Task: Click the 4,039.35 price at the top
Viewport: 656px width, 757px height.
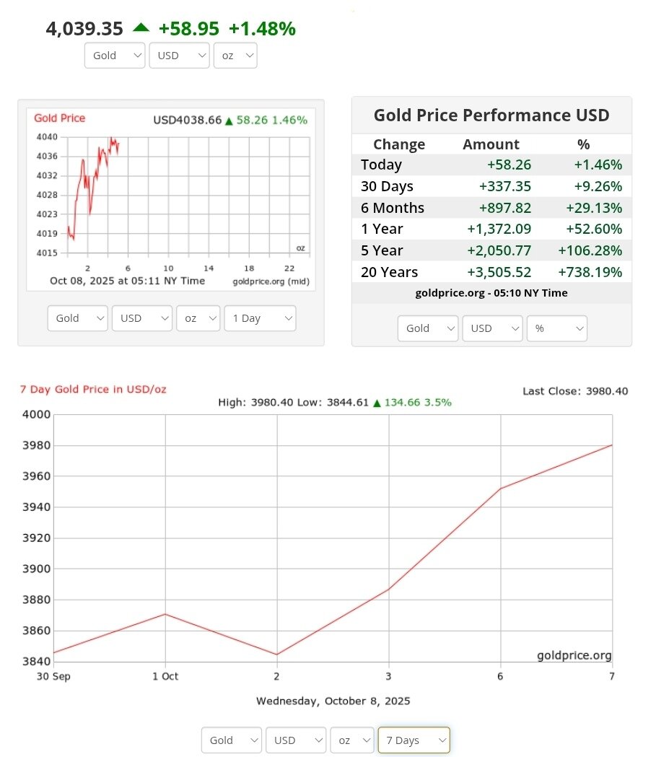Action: (x=84, y=29)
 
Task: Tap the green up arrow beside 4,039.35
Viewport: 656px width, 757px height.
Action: (x=141, y=27)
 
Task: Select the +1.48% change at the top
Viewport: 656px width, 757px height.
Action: (x=262, y=29)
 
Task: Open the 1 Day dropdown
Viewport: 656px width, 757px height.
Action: (x=260, y=318)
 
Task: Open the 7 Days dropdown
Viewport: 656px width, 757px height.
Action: (x=414, y=740)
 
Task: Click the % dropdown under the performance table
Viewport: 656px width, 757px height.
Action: (x=556, y=328)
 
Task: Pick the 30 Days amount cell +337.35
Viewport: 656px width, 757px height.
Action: (x=504, y=186)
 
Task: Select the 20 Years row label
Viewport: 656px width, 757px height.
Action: (x=389, y=272)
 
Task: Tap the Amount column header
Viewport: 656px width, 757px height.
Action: (x=491, y=144)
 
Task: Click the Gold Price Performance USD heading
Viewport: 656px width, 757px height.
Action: (x=491, y=115)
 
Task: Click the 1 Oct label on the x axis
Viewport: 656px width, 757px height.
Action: (x=165, y=676)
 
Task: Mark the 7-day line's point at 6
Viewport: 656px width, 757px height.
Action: (x=500, y=489)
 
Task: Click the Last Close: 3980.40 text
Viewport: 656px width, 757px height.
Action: (x=575, y=391)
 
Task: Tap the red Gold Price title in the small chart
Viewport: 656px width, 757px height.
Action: (x=59, y=118)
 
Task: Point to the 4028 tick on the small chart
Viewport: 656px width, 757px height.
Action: (x=47, y=195)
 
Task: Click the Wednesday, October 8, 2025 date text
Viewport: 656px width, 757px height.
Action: (x=333, y=701)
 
